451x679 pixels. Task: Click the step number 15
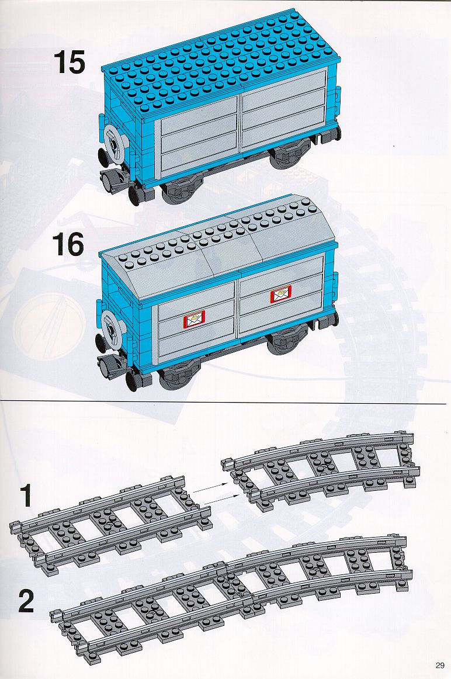[70, 63]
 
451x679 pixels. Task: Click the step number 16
[68, 244]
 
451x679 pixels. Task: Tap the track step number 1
[26, 496]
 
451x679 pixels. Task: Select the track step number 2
[26, 602]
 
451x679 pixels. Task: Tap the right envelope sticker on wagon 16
[281, 295]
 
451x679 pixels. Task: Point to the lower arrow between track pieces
[218, 498]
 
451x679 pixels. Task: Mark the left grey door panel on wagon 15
[199, 135]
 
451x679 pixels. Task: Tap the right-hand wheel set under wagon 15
[286, 157]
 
